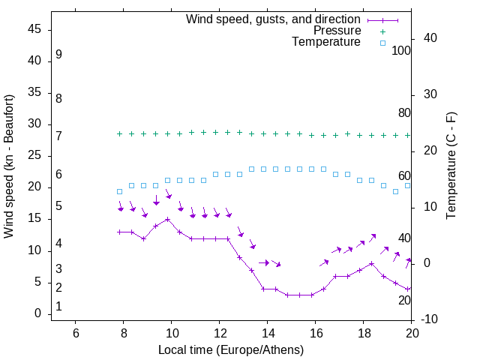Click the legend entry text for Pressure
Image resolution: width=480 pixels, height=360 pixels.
(x=337, y=31)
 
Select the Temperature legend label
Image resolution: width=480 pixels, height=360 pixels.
(x=326, y=42)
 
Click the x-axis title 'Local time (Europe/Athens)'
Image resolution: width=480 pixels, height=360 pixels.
(x=231, y=349)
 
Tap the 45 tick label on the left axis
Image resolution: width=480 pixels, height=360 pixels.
(x=34, y=29)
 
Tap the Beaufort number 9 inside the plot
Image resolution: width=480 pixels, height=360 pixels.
(x=58, y=55)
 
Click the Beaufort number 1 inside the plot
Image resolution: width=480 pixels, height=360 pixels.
(x=58, y=307)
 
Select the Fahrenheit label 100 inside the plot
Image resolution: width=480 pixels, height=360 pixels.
(x=401, y=50)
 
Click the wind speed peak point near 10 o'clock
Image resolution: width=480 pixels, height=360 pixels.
(x=168, y=220)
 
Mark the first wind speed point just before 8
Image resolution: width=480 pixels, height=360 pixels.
(x=119, y=232)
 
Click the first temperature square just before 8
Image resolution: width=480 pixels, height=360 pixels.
(x=119, y=191)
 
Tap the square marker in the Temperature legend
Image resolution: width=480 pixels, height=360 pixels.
(x=382, y=43)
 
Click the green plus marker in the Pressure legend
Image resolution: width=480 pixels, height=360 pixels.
(x=382, y=31)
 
